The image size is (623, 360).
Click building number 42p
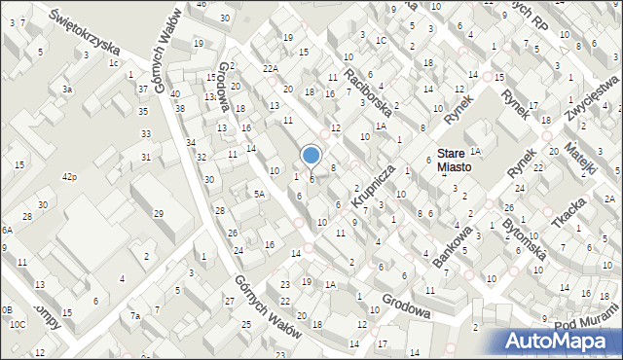point(69,177)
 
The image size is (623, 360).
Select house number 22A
point(271,68)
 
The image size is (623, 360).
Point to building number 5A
point(259,194)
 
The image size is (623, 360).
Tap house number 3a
point(67,90)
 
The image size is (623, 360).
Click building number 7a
point(136,315)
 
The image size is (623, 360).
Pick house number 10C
point(18,324)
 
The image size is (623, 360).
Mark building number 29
point(159,213)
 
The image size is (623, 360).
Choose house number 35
point(145,111)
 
